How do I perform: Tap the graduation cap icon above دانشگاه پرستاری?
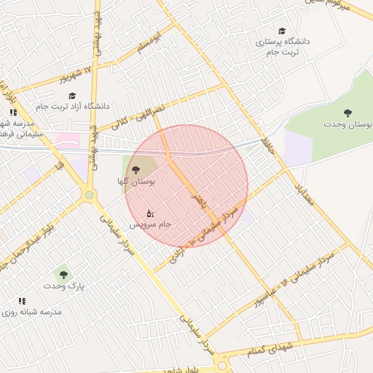282,31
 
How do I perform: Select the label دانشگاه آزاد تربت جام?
72,106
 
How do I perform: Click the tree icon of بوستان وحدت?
348,113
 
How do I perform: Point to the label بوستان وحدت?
348,125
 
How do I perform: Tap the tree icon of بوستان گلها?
136,169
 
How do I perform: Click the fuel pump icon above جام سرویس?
150,213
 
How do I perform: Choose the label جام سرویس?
153,224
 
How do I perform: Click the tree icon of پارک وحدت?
63,275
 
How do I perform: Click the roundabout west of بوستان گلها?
89,195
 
